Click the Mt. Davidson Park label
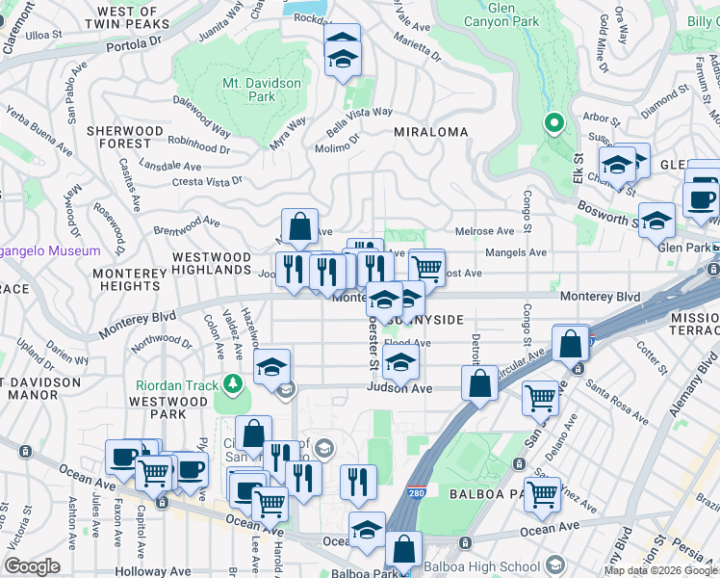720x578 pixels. (262, 91)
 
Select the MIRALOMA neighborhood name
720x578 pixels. (430, 132)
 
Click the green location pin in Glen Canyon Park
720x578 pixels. (553, 122)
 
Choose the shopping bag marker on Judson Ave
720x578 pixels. (479, 382)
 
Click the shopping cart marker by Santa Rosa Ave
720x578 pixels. (541, 396)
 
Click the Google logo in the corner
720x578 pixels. (32, 566)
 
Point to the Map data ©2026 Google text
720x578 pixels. (660, 570)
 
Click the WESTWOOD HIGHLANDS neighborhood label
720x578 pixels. (211, 264)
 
